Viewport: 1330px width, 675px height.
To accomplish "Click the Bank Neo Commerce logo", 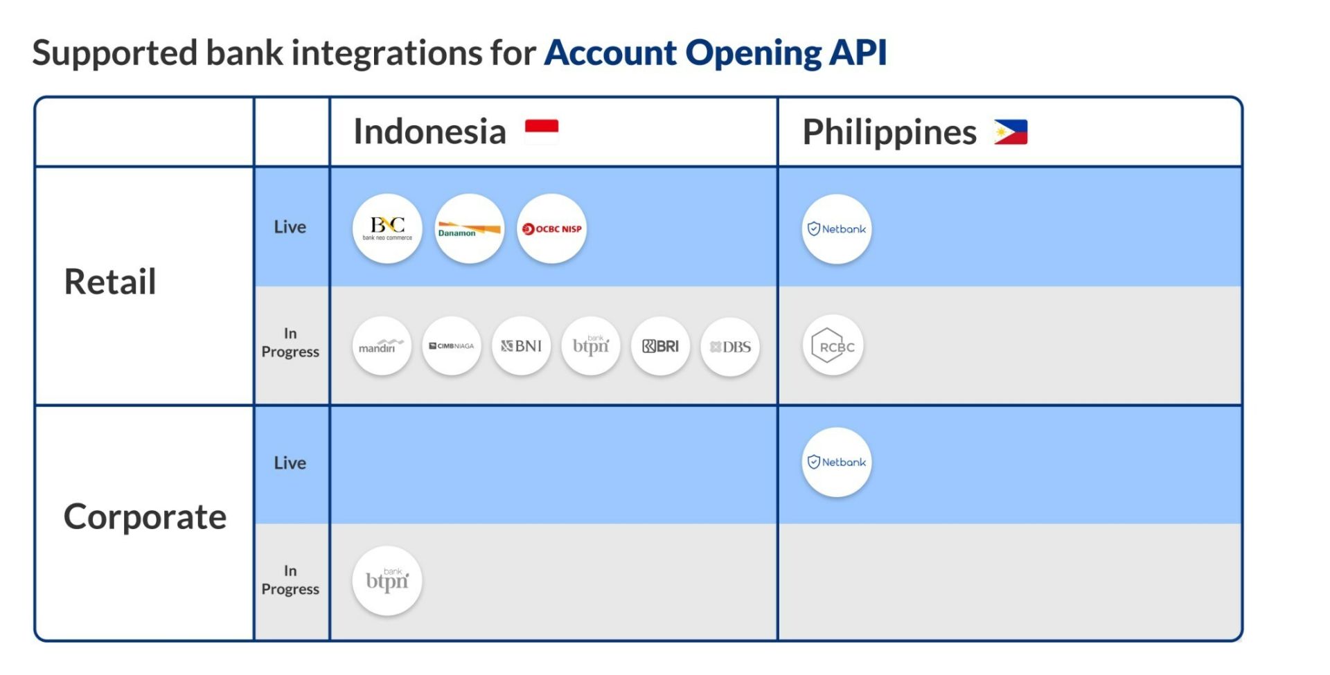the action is pyautogui.click(x=387, y=228).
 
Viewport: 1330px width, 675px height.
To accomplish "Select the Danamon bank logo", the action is pyautogui.click(x=470, y=228).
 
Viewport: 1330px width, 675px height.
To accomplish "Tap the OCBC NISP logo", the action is pyautogui.click(x=552, y=228).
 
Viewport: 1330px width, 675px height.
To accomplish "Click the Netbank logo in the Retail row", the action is pyautogui.click(x=837, y=229).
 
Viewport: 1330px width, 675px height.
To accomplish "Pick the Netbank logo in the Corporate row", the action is pyautogui.click(x=837, y=462).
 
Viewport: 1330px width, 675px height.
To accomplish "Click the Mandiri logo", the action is pyautogui.click(x=382, y=346).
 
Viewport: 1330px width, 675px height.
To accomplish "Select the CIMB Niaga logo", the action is pyautogui.click(x=452, y=346).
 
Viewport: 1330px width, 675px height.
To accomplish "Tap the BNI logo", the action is pyautogui.click(x=522, y=346).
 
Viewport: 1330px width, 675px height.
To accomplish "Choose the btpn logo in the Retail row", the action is pyautogui.click(x=591, y=346).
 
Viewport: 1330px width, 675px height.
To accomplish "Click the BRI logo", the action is pyautogui.click(x=661, y=346).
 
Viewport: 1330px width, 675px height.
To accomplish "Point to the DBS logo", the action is pyautogui.click(x=730, y=347).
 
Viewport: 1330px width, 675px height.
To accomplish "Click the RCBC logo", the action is pyautogui.click(x=833, y=345).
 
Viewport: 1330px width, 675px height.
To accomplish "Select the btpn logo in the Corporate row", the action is pyautogui.click(x=387, y=581).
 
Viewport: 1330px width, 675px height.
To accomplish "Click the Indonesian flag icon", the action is pyautogui.click(x=542, y=132).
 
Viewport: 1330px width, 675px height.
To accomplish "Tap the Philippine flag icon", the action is pyautogui.click(x=1011, y=132).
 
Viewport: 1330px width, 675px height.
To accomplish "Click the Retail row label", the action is pyautogui.click(x=110, y=282).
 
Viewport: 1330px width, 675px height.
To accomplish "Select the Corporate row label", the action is pyautogui.click(x=145, y=517).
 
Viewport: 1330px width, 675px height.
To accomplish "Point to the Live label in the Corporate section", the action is pyautogui.click(x=290, y=462).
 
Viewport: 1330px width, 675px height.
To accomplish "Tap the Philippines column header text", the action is pyautogui.click(x=889, y=132).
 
